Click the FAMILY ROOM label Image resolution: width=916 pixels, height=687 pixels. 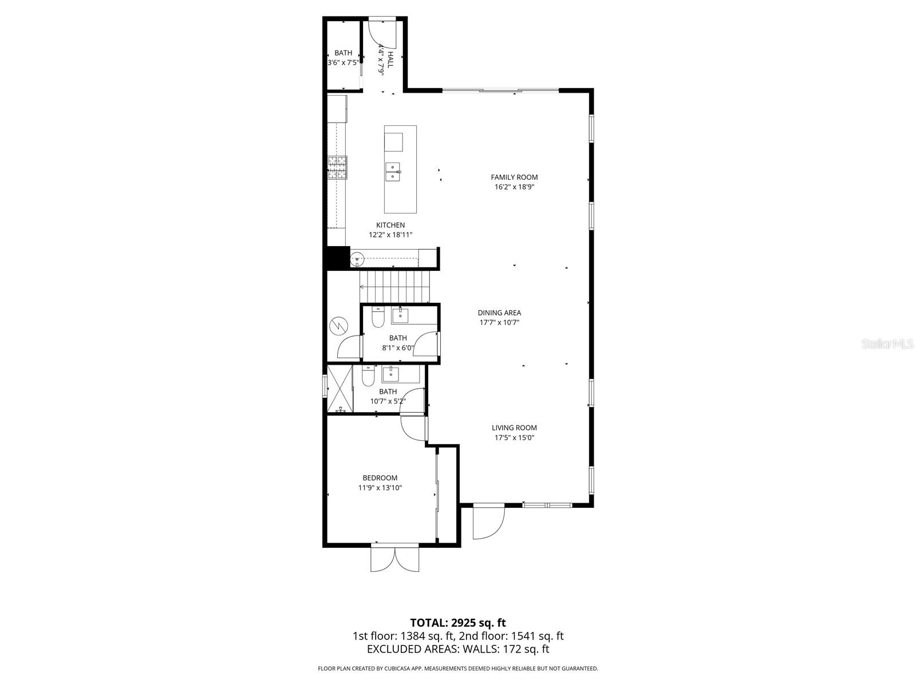point(514,177)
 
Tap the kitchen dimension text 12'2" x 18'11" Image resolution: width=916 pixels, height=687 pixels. point(390,235)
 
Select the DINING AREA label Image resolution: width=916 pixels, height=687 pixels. point(499,313)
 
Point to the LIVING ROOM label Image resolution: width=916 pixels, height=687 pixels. point(514,428)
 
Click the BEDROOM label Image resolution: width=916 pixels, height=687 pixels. point(380,478)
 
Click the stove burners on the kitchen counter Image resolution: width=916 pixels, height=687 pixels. point(337,168)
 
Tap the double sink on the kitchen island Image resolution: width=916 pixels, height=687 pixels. point(393,171)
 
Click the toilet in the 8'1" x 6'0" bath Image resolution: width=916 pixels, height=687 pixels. point(377,318)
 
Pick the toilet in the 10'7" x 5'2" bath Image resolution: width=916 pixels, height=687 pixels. point(368,376)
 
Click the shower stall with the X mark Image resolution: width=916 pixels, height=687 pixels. point(339,389)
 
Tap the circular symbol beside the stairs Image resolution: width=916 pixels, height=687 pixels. point(338,326)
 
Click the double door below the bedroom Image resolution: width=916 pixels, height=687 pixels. point(395,558)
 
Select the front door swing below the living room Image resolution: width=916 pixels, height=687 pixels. point(488,522)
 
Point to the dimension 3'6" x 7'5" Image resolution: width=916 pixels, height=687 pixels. point(343,62)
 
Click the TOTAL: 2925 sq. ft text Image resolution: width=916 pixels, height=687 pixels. point(457,623)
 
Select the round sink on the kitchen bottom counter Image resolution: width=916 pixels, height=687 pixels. point(357,258)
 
